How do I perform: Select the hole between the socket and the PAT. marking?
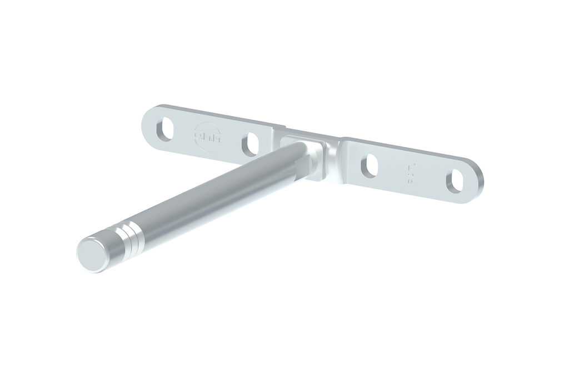coord(370,165)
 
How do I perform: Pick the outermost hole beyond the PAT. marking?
coord(456,181)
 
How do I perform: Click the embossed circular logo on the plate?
coord(208,135)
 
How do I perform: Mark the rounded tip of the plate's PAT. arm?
coord(477,184)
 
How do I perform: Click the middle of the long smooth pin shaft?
coord(217,194)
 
